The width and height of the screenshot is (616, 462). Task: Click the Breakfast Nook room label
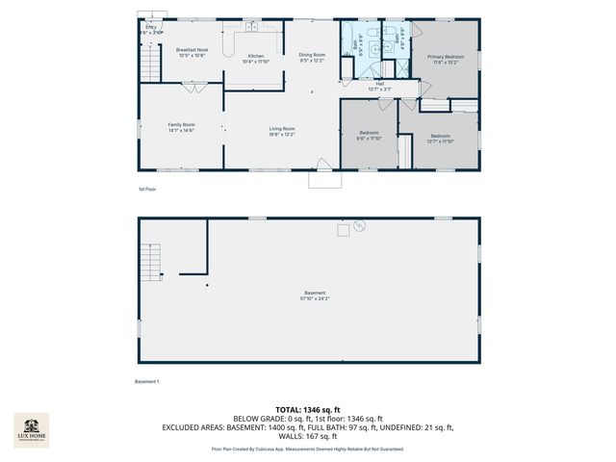point(192,52)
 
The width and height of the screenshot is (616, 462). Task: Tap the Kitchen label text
point(256,59)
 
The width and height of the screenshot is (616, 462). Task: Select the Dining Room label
point(312,58)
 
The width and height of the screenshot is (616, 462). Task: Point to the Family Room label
point(182,127)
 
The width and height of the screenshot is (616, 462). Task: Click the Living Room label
point(281,131)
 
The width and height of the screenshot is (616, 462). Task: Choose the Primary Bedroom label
point(446,60)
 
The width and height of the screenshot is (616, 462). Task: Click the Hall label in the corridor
point(379,87)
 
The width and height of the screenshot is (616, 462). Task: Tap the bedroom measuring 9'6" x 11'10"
point(370,135)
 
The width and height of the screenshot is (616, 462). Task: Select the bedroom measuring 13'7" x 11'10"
point(440,138)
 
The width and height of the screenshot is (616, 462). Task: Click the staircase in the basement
point(150,260)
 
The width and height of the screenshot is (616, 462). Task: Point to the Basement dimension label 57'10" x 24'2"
point(316,295)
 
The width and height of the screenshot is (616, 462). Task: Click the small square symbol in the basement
point(342,229)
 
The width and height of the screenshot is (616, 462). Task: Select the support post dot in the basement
point(206,285)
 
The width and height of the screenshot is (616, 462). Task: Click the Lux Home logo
point(31,429)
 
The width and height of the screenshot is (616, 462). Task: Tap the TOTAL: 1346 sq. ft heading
point(308,410)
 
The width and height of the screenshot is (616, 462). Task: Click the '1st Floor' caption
point(146,190)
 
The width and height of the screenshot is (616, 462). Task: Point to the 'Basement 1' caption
point(147,382)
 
